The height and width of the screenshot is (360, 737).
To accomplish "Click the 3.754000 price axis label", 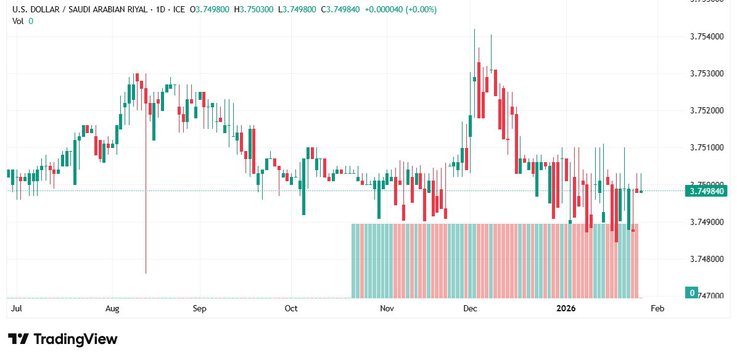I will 707,37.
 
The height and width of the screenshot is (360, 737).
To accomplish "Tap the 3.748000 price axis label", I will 707,259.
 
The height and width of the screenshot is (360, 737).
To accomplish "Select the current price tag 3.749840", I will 707,191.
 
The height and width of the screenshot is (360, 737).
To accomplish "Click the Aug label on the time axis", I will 112,308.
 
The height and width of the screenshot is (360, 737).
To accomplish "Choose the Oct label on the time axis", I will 291,308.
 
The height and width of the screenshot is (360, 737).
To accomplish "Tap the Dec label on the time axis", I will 471,308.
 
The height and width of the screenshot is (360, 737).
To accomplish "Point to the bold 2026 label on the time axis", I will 566,308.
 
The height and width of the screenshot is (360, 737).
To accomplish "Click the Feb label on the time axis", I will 657,308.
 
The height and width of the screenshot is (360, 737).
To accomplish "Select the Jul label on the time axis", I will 17,308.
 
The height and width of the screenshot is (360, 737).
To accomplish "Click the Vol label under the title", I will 18,21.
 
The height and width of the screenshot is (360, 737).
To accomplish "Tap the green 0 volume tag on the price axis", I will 693,292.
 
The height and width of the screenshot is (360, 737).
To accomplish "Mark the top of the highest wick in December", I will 474,30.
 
